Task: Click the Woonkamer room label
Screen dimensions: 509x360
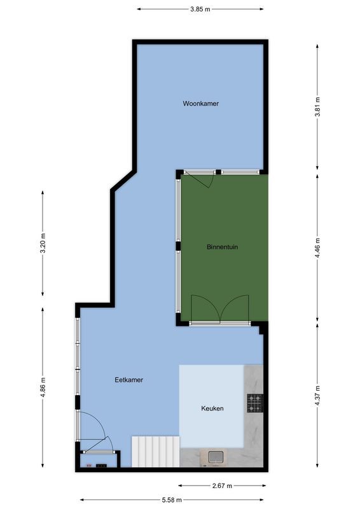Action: coord(200,103)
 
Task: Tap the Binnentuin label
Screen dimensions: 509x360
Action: coord(222,246)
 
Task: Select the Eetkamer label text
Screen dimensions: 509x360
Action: coord(128,380)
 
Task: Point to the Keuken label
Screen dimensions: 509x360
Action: coord(212,408)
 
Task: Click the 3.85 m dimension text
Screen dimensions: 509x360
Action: coord(200,9)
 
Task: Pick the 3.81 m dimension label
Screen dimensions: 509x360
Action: coord(318,104)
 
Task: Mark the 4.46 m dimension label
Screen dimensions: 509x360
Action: coord(318,247)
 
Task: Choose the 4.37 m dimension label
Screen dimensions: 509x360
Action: coord(318,396)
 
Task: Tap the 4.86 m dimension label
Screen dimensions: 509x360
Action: coord(43,386)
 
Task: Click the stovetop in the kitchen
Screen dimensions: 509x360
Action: coord(254,402)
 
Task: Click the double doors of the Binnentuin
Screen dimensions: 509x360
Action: coord(220,312)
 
